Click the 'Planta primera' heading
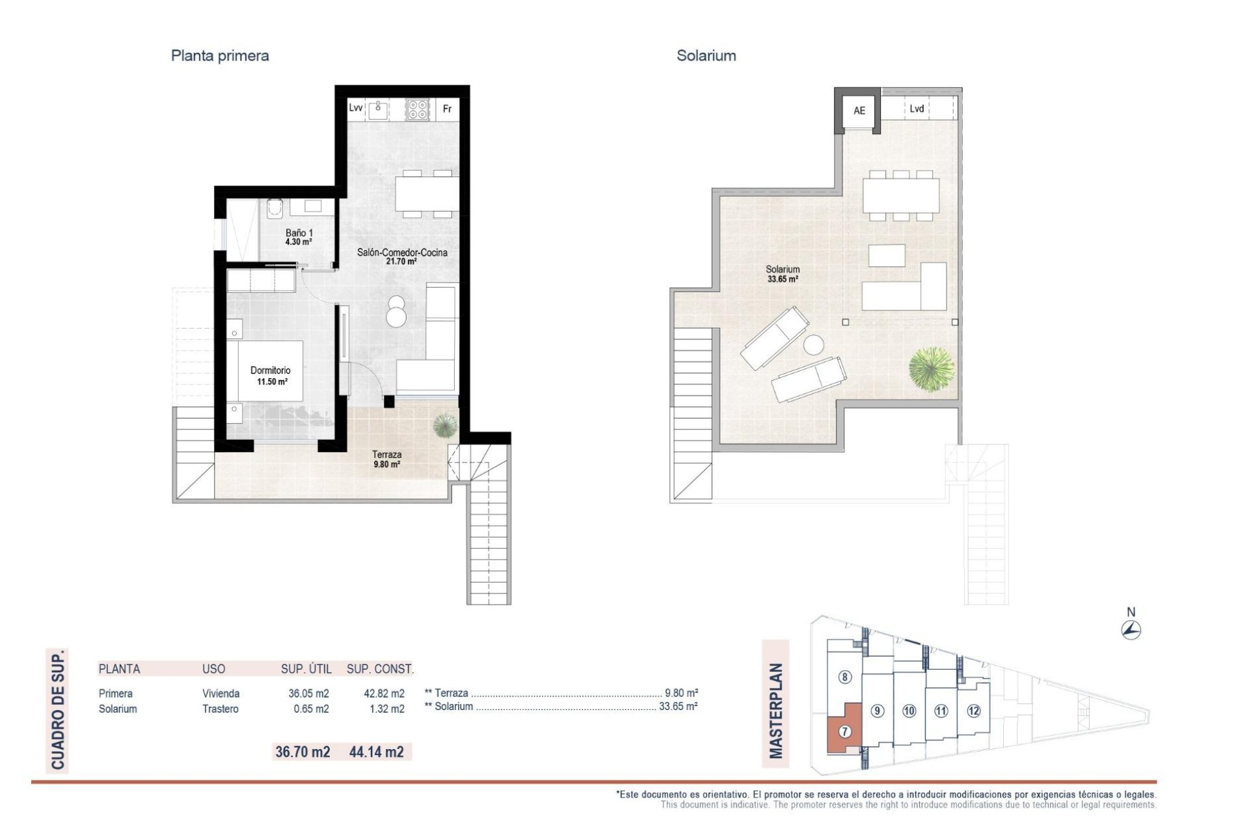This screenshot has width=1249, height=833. pyautogui.click(x=219, y=56)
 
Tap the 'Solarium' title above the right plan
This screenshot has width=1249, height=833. pyautogui.click(x=706, y=56)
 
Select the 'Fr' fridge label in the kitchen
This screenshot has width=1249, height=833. pyautogui.click(x=447, y=109)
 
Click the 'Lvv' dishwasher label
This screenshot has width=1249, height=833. pyautogui.click(x=355, y=108)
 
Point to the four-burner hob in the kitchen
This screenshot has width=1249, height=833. pyautogui.click(x=418, y=109)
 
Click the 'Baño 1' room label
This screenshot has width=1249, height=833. pyautogui.click(x=299, y=233)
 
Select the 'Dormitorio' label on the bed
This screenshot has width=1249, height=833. pyautogui.click(x=271, y=370)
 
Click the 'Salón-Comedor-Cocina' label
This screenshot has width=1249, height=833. pyautogui.click(x=402, y=253)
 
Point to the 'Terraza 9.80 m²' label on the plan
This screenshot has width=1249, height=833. pyautogui.click(x=386, y=459)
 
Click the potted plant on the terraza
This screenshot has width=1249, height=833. pyautogui.click(x=445, y=426)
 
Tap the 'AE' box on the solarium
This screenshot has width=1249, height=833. pyautogui.click(x=859, y=111)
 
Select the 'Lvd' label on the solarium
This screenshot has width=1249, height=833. pyautogui.click(x=917, y=109)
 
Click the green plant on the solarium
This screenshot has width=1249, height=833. pyautogui.click(x=932, y=369)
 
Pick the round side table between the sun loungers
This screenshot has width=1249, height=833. pyautogui.click(x=813, y=344)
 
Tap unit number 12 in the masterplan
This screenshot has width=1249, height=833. pyautogui.click(x=973, y=711)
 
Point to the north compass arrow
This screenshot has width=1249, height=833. pyautogui.click(x=1131, y=629)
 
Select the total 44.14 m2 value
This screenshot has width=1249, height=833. pyautogui.click(x=376, y=752)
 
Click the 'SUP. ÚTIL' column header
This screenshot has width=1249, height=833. pyautogui.click(x=306, y=669)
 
